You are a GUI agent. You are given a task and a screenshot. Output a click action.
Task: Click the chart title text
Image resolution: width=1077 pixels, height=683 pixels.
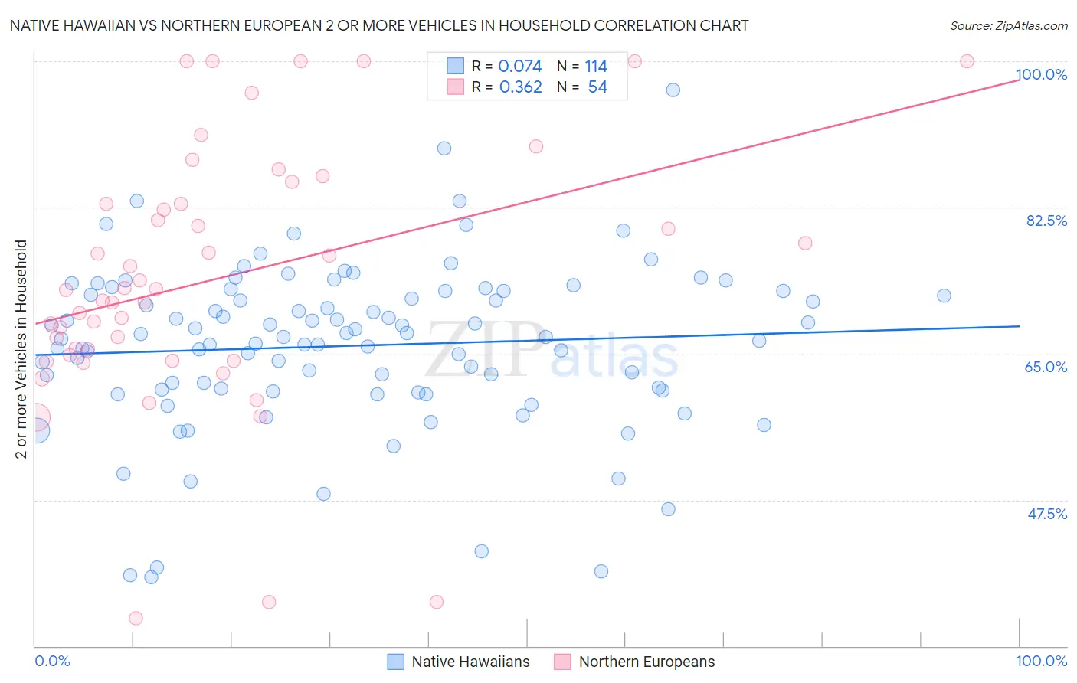tap(379, 25)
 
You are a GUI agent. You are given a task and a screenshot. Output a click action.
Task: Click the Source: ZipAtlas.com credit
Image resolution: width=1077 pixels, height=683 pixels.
tap(1008, 25)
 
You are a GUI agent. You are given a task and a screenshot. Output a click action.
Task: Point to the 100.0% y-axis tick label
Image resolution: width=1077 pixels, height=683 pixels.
tap(1041, 74)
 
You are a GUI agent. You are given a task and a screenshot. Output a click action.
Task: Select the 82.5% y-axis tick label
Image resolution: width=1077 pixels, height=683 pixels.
tap(1046, 221)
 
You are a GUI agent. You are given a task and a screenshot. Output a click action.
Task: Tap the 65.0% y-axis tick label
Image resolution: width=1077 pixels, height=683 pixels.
tap(1046, 367)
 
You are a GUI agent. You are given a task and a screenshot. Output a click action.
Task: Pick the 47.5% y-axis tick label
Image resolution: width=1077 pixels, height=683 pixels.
tap(1047, 514)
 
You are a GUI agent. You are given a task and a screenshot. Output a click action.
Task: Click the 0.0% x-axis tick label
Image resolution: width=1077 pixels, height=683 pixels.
tap(52, 661)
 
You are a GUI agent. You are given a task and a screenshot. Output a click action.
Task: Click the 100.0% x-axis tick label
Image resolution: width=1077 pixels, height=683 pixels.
tap(1041, 661)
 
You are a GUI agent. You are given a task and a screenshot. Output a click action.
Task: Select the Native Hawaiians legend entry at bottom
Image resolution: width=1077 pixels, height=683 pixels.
tap(458, 662)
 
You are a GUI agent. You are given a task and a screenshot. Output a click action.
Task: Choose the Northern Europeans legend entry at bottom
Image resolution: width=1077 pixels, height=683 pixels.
tap(634, 662)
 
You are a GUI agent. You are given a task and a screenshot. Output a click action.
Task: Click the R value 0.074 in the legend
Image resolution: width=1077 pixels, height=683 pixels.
tap(519, 67)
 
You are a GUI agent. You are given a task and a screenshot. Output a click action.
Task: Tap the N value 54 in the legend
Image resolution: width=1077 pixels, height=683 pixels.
tap(597, 87)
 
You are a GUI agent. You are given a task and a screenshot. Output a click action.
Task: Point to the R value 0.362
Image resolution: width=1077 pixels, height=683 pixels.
tap(520, 87)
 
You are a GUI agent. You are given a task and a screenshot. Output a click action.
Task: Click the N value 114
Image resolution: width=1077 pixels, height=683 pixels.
tap(596, 67)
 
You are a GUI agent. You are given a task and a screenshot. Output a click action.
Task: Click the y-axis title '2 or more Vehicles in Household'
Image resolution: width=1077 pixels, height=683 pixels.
tap(21, 349)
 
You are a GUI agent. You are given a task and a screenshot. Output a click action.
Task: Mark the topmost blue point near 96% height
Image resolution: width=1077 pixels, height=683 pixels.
tap(673, 90)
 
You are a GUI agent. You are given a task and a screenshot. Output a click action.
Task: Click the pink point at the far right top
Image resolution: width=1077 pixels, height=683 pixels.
tap(967, 61)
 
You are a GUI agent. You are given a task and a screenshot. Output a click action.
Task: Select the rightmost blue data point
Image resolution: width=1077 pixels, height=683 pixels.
tap(944, 296)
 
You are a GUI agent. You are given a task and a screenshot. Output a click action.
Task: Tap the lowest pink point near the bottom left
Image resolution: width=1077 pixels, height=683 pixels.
tap(136, 618)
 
